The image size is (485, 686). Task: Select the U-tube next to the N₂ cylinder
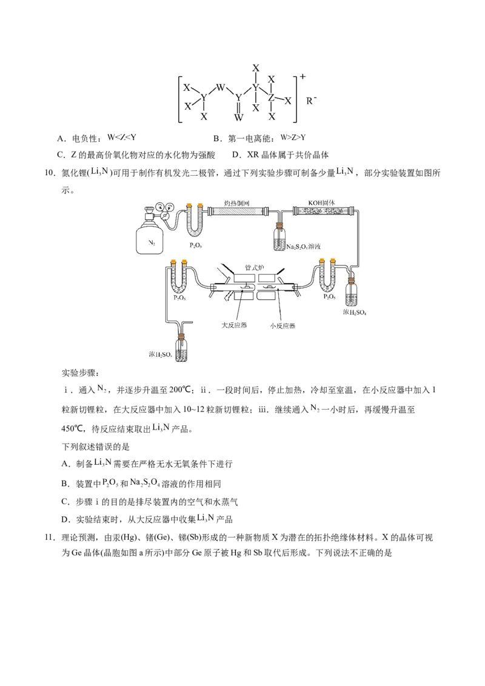(x=193, y=221)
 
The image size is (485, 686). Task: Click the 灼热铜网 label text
(x=236, y=202)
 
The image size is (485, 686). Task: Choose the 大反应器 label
(x=233, y=325)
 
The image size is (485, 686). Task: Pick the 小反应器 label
(x=283, y=325)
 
